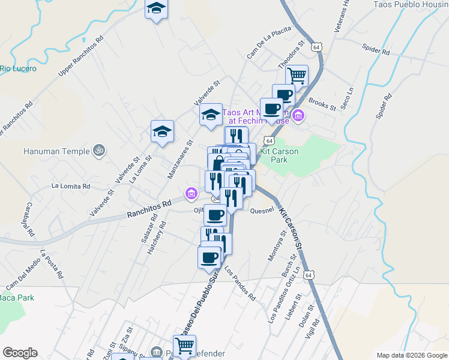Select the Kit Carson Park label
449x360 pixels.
pos(280,156)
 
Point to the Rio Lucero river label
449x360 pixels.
pos(18,68)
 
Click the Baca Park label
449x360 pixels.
pos(16,298)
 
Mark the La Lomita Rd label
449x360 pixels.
pos(71,186)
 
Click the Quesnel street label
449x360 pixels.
pos(262,211)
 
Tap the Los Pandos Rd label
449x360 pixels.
pos(240,283)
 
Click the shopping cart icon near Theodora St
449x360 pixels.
pos(297,76)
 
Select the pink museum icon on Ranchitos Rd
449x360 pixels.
pos(191,193)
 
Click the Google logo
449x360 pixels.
pos(20,353)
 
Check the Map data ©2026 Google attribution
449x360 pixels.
pos(411,355)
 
